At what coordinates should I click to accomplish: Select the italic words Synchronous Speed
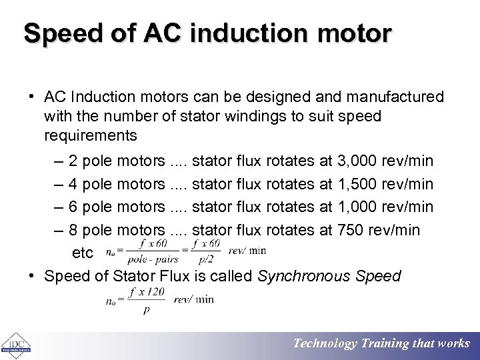[x=329, y=276]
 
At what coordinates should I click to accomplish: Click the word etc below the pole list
[x=82, y=253]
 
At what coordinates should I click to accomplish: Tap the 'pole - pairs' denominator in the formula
[x=153, y=259]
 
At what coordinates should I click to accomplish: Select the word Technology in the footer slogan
[x=325, y=343]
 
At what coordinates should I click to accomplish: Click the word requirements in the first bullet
[x=91, y=136]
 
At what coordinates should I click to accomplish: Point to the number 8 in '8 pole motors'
[x=73, y=230]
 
